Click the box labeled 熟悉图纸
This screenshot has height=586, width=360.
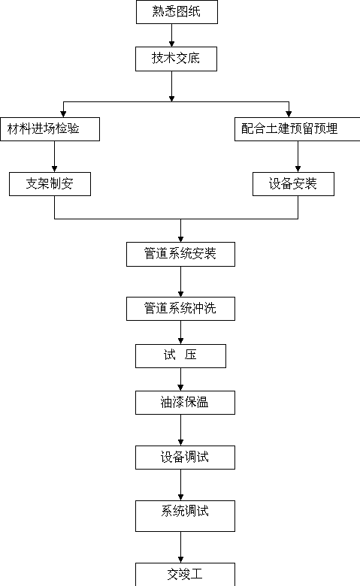click(x=177, y=12)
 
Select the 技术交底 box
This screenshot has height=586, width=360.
click(x=176, y=59)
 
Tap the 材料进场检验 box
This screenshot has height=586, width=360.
click(x=50, y=129)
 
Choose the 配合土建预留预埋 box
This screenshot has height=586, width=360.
click(x=297, y=129)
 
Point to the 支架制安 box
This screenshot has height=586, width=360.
click(x=50, y=184)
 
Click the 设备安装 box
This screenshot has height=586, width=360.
click(x=293, y=184)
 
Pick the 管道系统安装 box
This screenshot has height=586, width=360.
click(x=180, y=254)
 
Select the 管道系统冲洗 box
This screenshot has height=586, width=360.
click(x=180, y=309)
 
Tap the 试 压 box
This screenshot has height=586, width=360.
click(x=180, y=356)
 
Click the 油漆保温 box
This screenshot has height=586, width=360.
click(x=185, y=403)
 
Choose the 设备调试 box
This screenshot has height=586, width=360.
click(x=185, y=458)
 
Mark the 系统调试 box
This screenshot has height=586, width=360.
click(x=185, y=516)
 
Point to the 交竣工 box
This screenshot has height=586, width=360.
click(x=185, y=575)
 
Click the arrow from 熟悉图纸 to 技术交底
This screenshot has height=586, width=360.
click(x=171, y=35)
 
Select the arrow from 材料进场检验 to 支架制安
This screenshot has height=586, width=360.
click(x=55, y=156)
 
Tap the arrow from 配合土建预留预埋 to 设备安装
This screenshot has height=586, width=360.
click(x=298, y=156)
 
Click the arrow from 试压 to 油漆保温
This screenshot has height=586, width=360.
click(x=180, y=379)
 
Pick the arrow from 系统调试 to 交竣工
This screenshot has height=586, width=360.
click(x=180, y=547)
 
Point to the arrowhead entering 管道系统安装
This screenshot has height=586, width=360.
click(x=180, y=239)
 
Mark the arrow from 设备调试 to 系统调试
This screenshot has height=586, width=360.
click(x=180, y=485)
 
